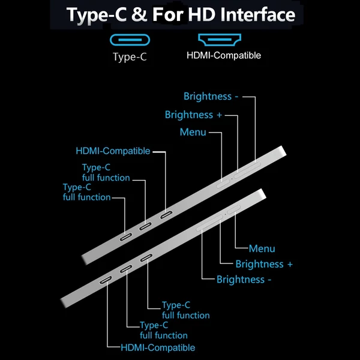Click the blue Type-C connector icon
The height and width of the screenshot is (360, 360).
(x=130, y=40)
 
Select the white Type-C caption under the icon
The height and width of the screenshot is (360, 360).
(x=130, y=57)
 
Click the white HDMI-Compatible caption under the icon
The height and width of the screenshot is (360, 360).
(x=224, y=55)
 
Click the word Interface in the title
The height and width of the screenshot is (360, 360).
(x=257, y=14)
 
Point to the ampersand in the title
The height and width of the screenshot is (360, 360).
(x=139, y=14)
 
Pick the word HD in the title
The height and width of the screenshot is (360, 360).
(x=202, y=14)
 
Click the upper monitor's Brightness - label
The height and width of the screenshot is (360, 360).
(x=211, y=96)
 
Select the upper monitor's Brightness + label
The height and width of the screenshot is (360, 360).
(x=193, y=115)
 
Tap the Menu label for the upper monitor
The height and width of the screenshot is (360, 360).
(x=193, y=132)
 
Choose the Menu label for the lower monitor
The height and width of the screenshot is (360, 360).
(x=262, y=248)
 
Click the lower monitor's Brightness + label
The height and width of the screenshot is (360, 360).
(x=264, y=264)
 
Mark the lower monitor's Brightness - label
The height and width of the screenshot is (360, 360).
(x=244, y=280)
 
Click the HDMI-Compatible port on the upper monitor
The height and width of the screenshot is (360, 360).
(x=166, y=215)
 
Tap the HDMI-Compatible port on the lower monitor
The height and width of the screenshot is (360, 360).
(x=106, y=280)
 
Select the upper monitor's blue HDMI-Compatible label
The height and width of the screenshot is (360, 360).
(x=113, y=151)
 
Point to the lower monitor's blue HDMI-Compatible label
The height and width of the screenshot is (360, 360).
(x=158, y=347)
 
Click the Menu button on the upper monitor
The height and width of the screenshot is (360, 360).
(x=223, y=184)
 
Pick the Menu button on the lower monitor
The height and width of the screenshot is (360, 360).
(x=234, y=209)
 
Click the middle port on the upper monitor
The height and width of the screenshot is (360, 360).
(x=145, y=226)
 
